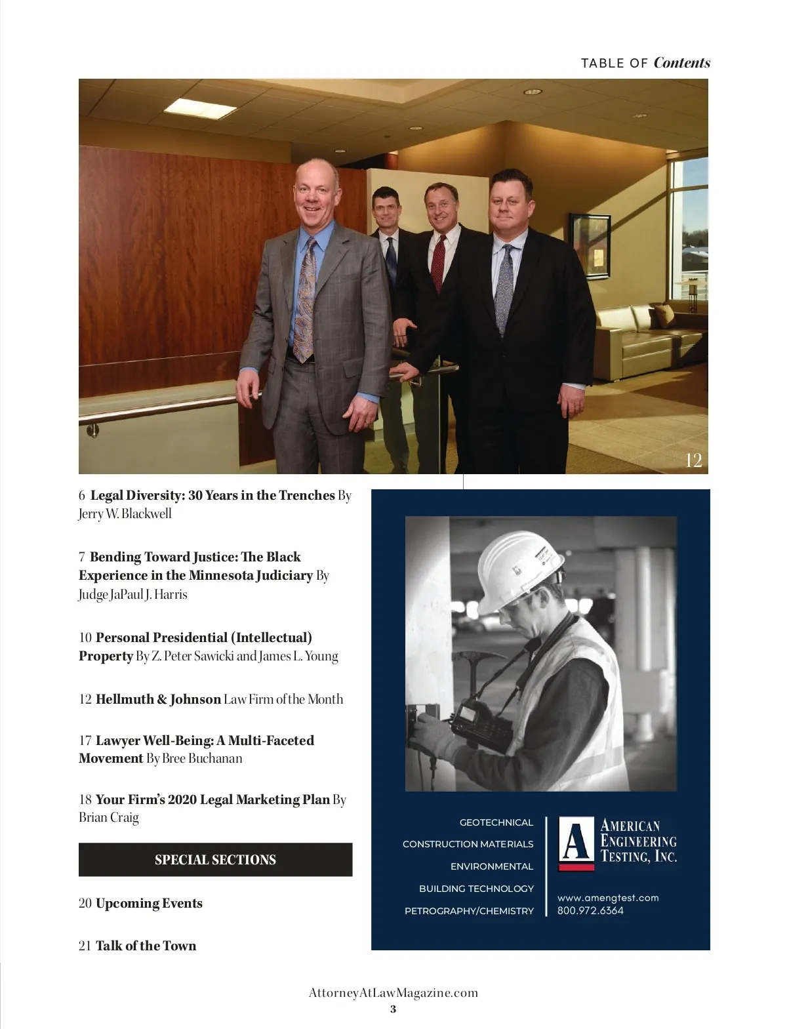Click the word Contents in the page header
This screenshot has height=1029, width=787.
[x=681, y=63]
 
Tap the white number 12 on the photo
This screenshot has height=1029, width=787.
[x=693, y=460]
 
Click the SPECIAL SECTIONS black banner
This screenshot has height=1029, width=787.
[x=215, y=860]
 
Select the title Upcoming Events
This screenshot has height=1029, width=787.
[x=149, y=903]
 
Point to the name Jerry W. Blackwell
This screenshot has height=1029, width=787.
[x=125, y=514]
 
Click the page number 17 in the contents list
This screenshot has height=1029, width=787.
[x=85, y=740]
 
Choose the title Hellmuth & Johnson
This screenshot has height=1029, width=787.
[x=158, y=699]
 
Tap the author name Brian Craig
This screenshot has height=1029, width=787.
[x=109, y=817]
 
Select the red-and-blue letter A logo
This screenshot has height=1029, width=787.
[x=576, y=843]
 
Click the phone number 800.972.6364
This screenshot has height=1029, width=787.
[x=590, y=910]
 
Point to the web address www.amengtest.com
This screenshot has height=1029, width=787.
[x=608, y=898]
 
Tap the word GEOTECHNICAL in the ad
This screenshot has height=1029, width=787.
[x=496, y=822]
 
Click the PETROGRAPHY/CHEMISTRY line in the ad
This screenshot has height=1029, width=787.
[x=469, y=911]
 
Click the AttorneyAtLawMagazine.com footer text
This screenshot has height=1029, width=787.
[x=393, y=992]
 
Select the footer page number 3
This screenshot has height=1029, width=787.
[x=393, y=1009]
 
